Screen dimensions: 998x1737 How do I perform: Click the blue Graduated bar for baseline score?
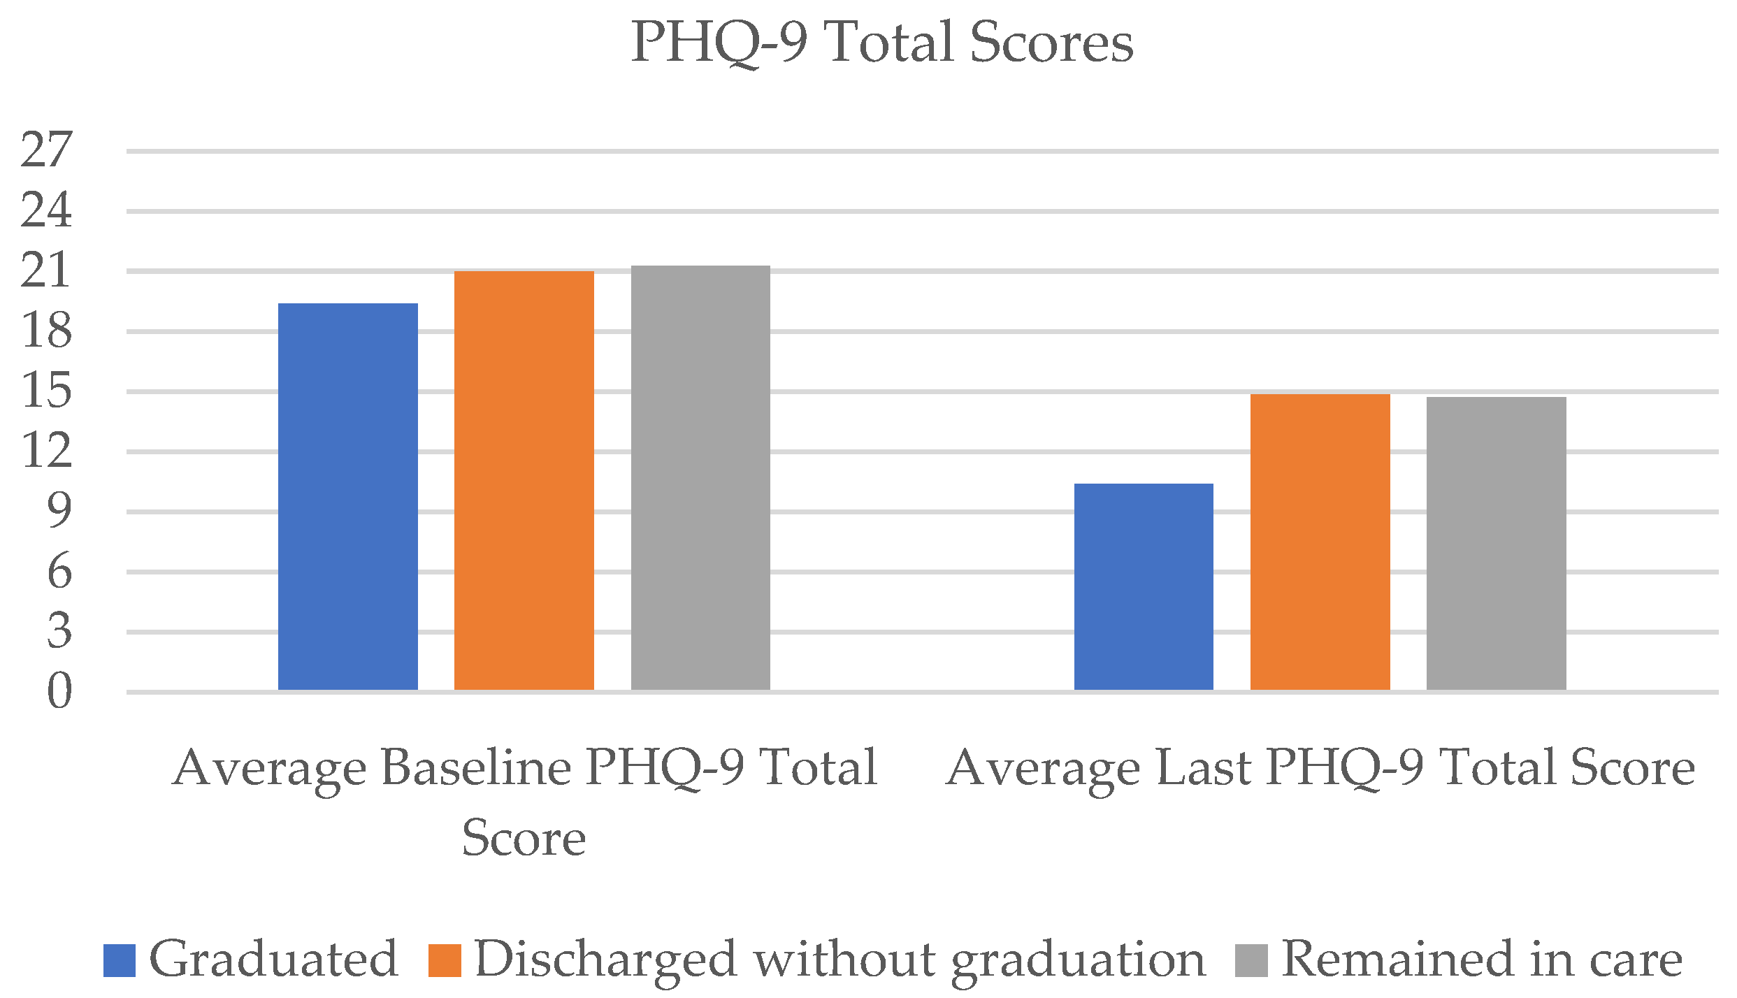347,496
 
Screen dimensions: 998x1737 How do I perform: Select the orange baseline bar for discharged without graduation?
524,480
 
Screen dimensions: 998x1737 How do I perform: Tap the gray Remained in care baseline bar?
700,477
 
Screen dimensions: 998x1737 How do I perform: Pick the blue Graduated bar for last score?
1144,586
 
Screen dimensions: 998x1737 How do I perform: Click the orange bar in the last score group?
1320,542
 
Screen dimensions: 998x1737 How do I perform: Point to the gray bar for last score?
1496,543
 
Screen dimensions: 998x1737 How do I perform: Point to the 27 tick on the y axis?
46,150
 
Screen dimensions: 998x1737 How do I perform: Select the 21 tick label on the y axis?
46,270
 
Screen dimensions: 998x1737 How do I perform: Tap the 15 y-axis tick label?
46,391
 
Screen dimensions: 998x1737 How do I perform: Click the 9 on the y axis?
59,511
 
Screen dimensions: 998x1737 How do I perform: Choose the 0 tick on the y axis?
59,692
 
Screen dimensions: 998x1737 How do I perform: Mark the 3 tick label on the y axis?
59,631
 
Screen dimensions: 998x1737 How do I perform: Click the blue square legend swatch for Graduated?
119,960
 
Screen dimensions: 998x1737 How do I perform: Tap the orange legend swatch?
445,960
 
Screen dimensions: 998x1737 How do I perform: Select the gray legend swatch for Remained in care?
1251,960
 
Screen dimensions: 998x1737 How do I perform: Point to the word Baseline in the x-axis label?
477,768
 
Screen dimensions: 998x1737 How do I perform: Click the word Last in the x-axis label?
1203,768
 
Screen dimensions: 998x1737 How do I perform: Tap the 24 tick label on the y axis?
46,210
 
